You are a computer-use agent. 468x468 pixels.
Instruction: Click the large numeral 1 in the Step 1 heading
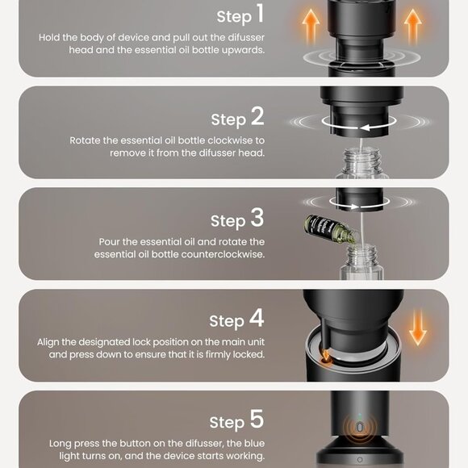click(261, 13)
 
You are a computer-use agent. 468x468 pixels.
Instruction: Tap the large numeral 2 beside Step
click(257, 116)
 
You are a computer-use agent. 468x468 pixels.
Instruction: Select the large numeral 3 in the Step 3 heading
click(257, 217)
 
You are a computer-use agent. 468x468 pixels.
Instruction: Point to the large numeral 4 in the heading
click(257, 318)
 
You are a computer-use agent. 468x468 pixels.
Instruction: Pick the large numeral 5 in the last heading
click(257, 419)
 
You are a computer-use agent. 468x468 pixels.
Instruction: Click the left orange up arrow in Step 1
click(311, 27)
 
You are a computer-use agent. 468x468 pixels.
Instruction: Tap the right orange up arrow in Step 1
click(413, 27)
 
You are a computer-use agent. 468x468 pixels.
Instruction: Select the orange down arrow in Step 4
click(418, 328)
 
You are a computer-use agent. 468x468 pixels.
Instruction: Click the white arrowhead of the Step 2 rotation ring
click(365, 127)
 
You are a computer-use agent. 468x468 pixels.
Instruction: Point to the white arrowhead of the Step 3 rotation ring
click(354, 207)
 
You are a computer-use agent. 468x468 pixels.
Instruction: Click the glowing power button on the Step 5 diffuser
click(360, 428)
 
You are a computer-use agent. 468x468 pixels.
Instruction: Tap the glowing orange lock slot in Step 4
click(326, 359)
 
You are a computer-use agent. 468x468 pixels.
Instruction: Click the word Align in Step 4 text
click(48, 342)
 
